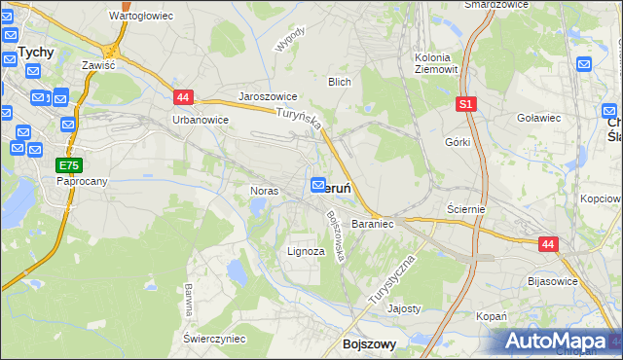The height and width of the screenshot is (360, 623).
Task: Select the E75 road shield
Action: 68,165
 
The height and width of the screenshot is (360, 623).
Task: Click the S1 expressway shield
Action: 466,103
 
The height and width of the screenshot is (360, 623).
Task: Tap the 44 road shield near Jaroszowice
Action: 185,96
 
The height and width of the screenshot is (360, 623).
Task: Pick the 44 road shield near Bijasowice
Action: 549,245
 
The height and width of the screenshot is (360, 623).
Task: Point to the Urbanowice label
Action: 200,120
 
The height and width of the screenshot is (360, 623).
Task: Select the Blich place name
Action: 339,83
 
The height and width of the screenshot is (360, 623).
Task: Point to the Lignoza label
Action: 306,251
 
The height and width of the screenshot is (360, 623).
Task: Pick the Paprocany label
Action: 81,181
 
